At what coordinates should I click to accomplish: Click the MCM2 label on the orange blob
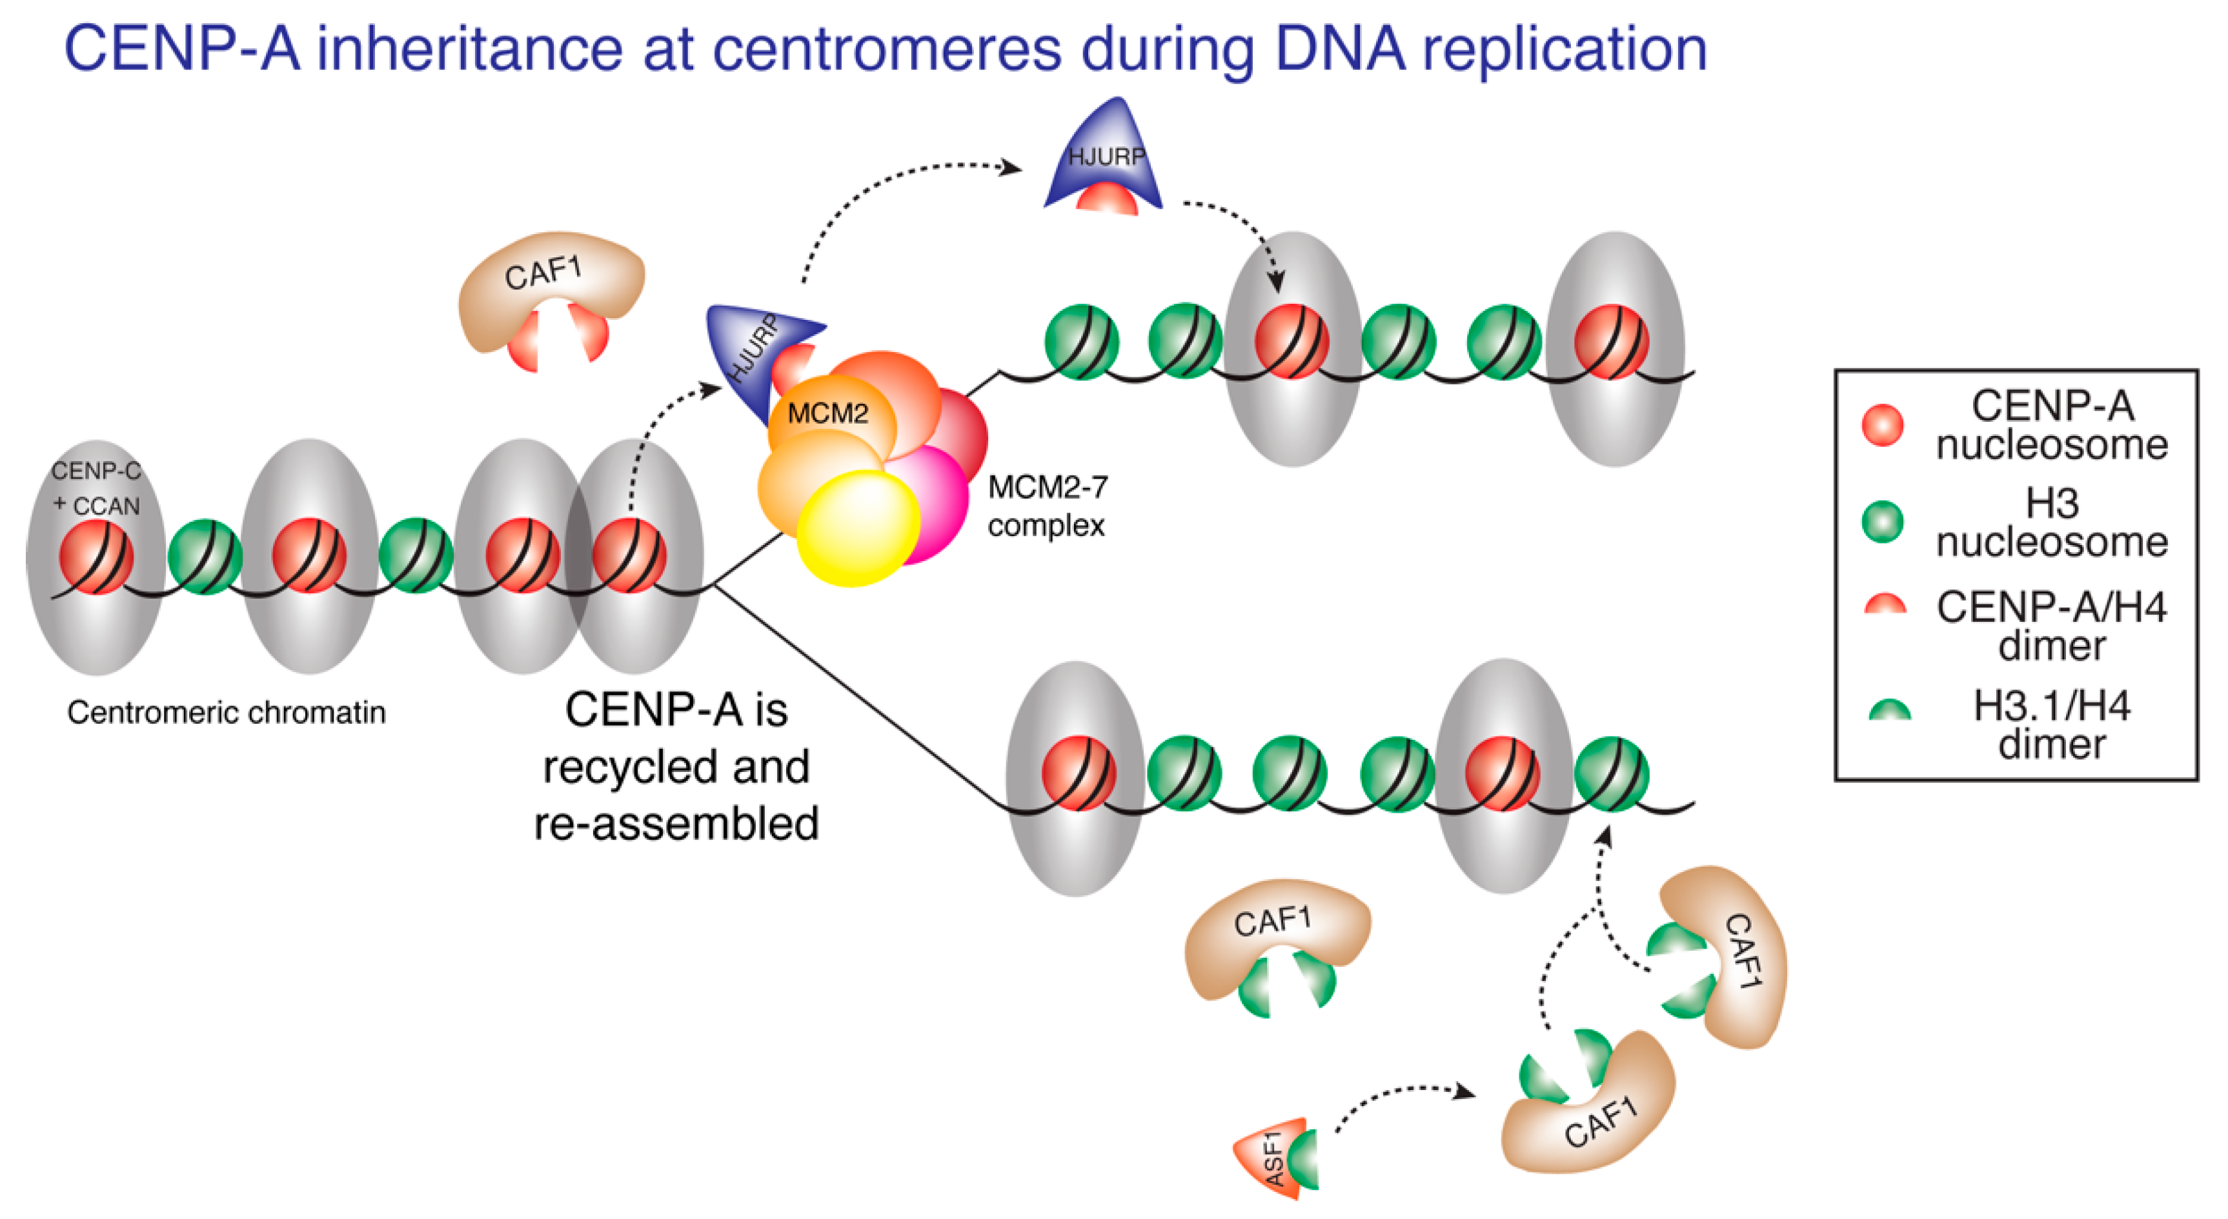827,413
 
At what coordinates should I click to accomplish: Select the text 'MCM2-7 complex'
1046,506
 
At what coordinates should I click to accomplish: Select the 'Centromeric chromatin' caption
226,713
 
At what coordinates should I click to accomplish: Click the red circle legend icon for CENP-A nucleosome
1881,425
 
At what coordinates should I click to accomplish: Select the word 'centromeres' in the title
886,49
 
